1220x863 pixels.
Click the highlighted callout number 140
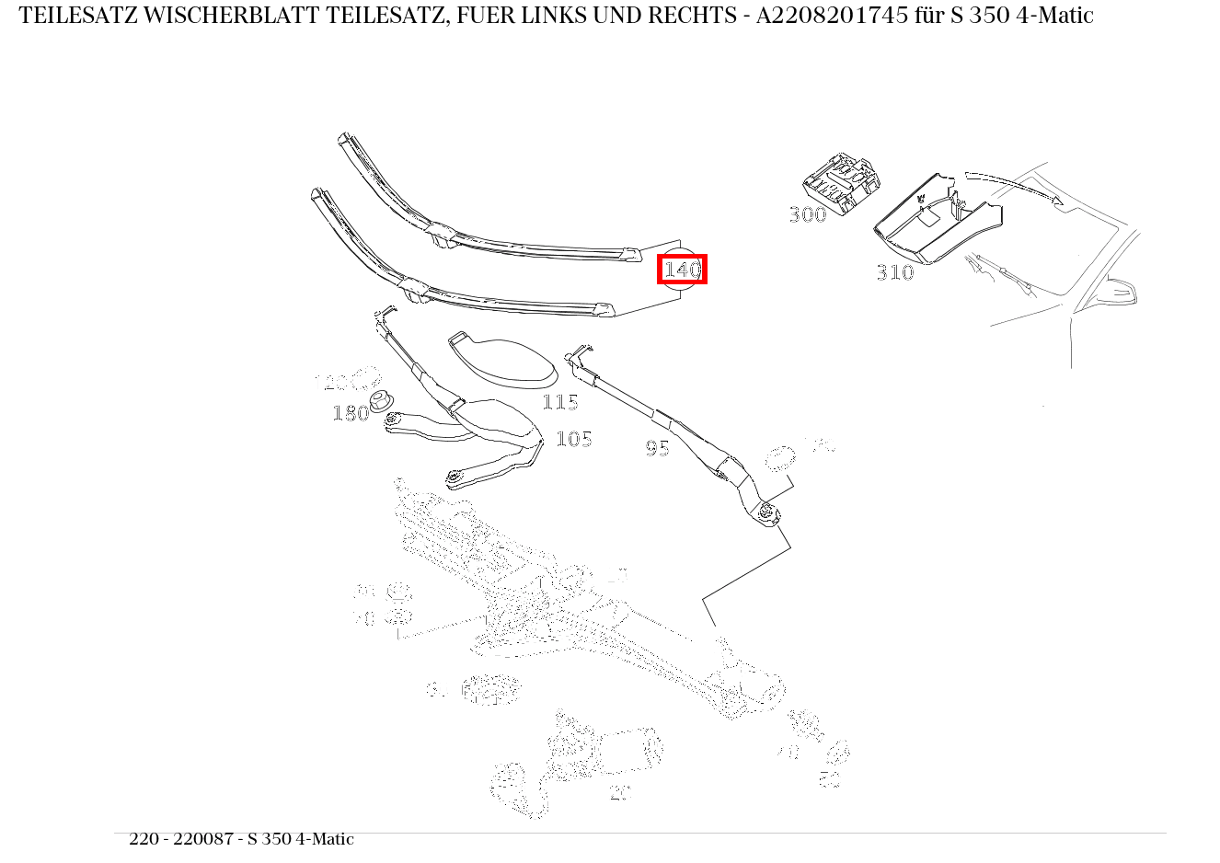[x=682, y=270]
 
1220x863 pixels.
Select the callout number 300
[x=808, y=214]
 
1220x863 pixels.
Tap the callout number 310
[x=895, y=272]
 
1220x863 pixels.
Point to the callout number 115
[x=560, y=402]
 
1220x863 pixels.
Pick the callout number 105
[x=574, y=439]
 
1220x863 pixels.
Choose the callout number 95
[x=657, y=448]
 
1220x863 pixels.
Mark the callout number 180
[x=350, y=413]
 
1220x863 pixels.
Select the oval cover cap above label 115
[x=505, y=361]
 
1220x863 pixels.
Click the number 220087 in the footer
[x=204, y=839]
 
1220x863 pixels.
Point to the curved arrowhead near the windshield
[x=1057, y=200]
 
